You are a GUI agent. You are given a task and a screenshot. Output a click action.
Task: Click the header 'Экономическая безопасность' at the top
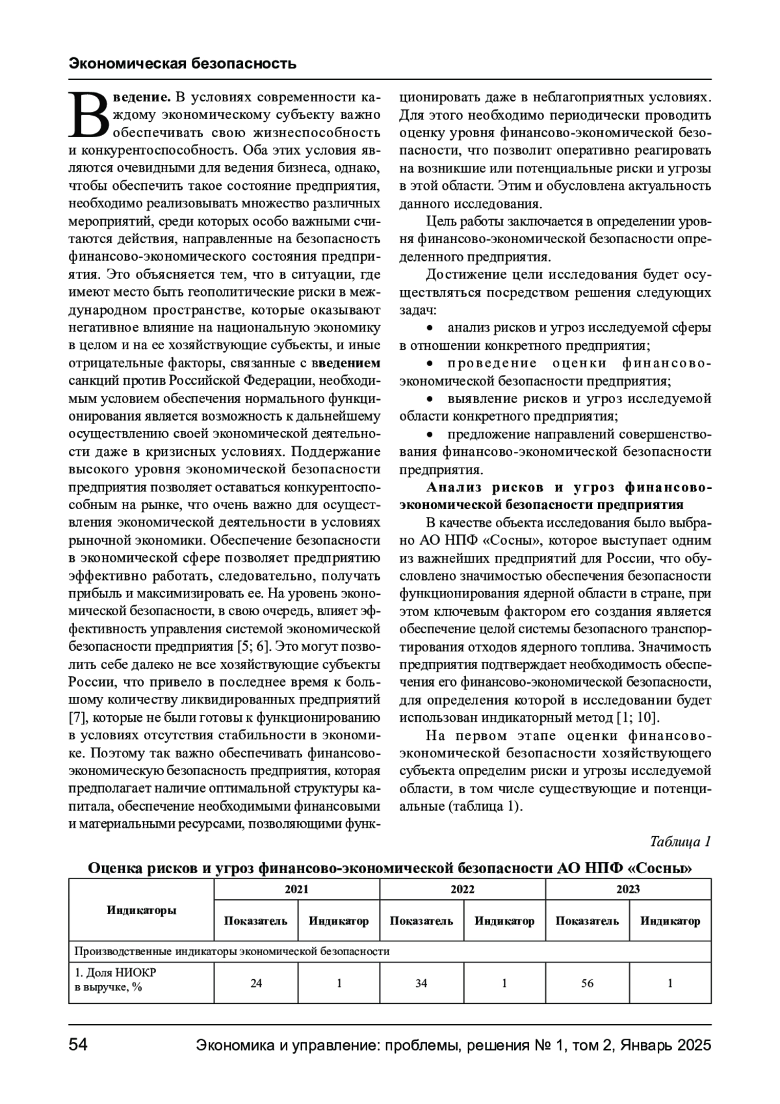click(x=183, y=64)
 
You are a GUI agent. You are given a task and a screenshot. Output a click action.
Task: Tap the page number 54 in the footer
click(x=79, y=1045)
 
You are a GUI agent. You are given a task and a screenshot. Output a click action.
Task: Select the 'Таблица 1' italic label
click(x=680, y=841)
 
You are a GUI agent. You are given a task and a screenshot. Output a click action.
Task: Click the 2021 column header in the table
click(x=297, y=889)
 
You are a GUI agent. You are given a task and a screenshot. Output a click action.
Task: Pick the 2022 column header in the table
click(x=463, y=889)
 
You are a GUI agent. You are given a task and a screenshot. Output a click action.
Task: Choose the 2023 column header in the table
click(x=628, y=889)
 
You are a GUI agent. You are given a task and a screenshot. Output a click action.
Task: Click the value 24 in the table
click(x=256, y=983)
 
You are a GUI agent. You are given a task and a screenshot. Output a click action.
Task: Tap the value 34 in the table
click(x=421, y=983)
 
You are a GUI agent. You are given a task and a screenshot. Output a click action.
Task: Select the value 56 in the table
click(x=587, y=983)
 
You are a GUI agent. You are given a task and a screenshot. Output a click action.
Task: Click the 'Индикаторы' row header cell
click(x=141, y=910)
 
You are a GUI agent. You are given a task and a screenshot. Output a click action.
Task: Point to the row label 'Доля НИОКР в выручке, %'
click(x=115, y=980)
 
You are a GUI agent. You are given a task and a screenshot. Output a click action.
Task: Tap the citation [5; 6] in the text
click(x=249, y=647)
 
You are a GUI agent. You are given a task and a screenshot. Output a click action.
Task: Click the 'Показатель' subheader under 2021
click(x=255, y=921)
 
